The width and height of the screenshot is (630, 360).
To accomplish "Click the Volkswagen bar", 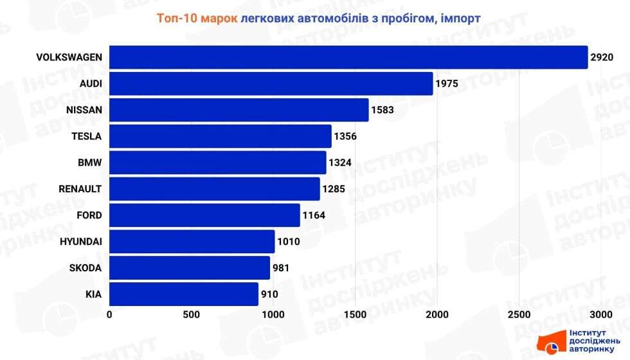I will (x=348, y=57).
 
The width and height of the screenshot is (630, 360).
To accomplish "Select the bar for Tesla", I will (x=220, y=136).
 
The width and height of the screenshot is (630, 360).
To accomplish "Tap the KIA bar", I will (x=183, y=294).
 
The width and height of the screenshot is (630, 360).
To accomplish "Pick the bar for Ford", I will (x=204, y=215).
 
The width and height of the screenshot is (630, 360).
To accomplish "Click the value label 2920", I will (x=603, y=57).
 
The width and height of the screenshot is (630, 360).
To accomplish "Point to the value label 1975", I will (x=448, y=84).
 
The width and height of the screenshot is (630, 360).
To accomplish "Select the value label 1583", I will (x=382, y=110).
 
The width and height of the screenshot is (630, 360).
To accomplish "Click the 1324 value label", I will (x=340, y=163).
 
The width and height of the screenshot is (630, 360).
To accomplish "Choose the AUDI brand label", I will (x=91, y=84).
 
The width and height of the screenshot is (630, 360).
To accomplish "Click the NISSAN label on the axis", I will (x=84, y=110).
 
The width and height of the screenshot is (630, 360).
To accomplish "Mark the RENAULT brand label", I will (x=80, y=189).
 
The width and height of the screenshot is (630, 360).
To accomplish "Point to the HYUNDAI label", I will (x=80, y=242).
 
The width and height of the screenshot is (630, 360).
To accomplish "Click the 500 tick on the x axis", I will (x=191, y=315).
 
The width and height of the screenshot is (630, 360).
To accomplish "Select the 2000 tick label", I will (x=437, y=315).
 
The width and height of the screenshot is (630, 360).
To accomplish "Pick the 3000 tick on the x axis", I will (x=600, y=315).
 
